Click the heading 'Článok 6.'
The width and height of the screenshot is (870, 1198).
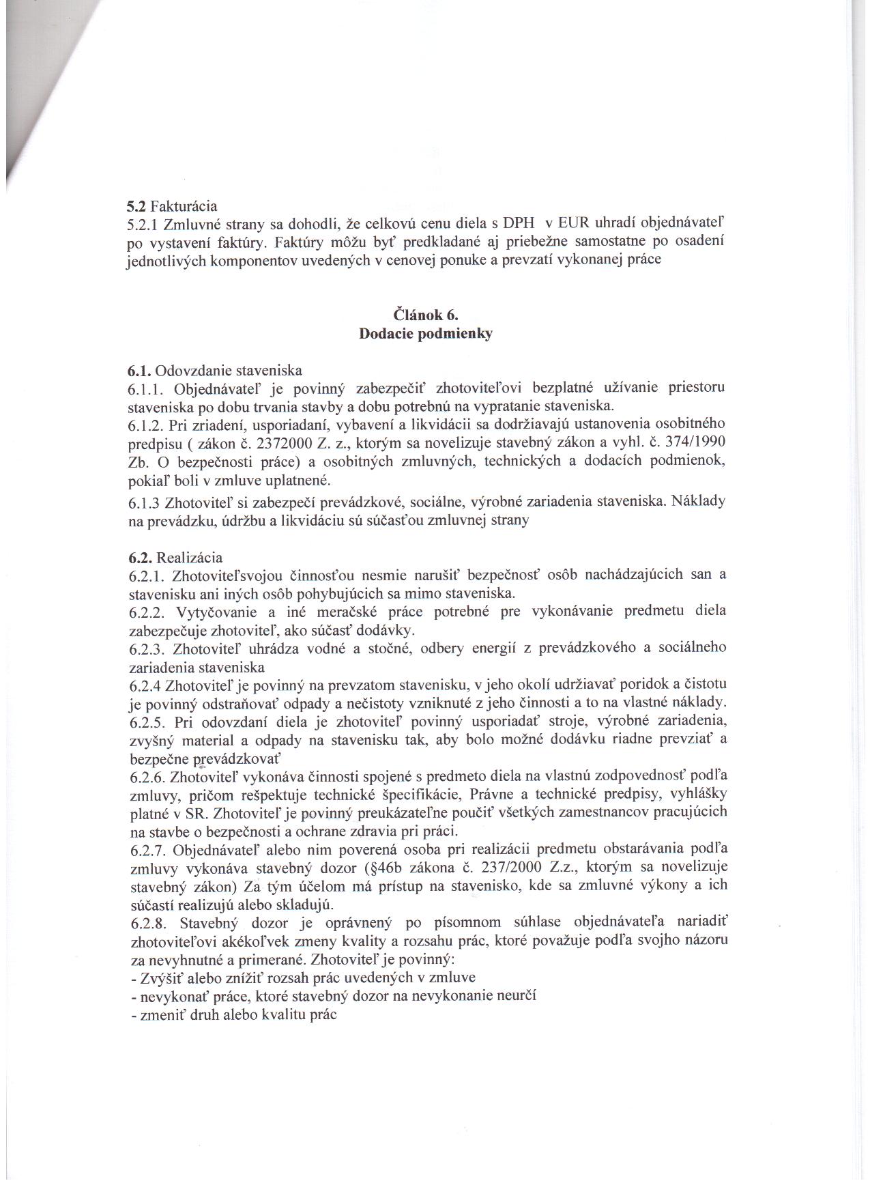point(426,315)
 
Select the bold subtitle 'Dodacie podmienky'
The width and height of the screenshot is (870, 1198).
point(426,334)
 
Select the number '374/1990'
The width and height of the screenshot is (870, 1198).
point(701,442)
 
